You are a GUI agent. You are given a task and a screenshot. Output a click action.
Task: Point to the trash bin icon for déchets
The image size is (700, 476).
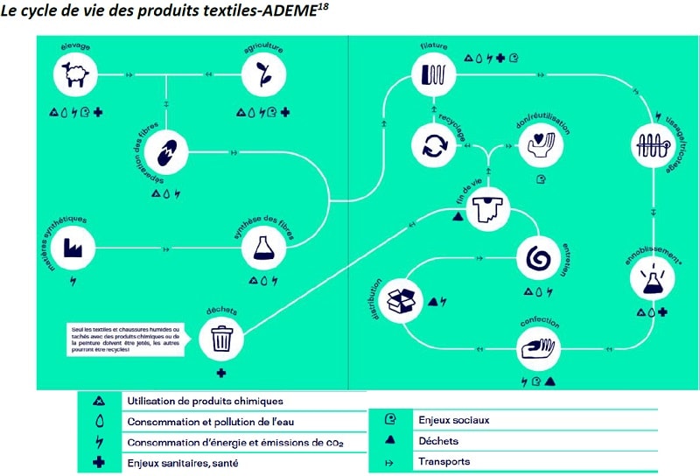tap(222, 337)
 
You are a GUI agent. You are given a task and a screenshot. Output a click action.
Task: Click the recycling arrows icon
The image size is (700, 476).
tap(434, 143)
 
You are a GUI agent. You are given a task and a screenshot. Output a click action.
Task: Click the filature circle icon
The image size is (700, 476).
tap(434, 73)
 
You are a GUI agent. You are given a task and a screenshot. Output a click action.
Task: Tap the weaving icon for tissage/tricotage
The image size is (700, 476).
tap(655, 145)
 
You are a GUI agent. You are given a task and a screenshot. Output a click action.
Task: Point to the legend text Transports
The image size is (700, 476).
tap(444, 461)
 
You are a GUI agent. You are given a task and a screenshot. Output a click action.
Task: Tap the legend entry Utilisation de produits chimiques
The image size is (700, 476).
tap(205, 401)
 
